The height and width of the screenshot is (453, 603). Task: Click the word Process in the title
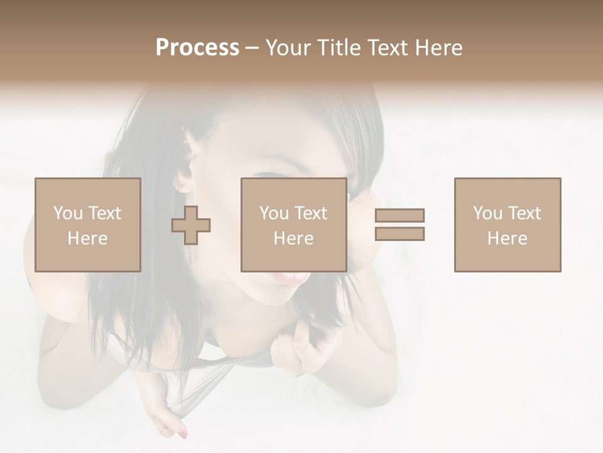[x=197, y=48]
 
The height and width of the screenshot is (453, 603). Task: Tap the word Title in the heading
[x=339, y=48]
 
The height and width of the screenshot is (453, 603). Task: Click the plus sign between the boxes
[x=191, y=225]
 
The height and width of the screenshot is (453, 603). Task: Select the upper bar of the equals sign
[x=399, y=216]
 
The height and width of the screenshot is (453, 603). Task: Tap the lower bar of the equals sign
[x=399, y=233]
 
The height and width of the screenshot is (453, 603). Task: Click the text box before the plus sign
[x=87, y=225]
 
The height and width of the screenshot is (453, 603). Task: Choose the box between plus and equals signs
[x=293, y=225]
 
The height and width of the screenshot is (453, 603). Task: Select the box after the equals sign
[x=507, y=225]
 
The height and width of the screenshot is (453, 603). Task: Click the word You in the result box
[x=487, y=213]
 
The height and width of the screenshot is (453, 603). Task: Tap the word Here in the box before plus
[x=87, y=238]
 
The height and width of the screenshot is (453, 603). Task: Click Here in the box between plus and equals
[x=293, y=238]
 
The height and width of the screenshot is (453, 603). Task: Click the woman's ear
[x=183, y=173]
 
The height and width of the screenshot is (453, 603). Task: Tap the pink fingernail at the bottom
[x=182, y=434]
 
